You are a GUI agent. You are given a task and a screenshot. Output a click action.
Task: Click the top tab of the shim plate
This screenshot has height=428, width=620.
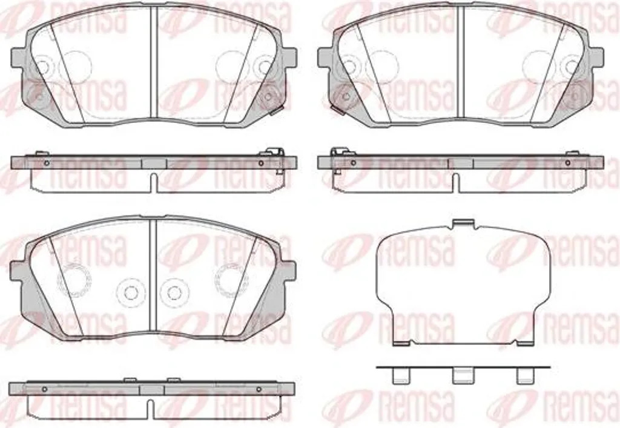point(463,223)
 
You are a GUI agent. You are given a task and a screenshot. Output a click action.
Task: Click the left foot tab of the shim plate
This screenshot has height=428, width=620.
point(401,343)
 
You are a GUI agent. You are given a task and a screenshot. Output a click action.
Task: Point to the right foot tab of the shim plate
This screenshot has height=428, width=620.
point(526,343)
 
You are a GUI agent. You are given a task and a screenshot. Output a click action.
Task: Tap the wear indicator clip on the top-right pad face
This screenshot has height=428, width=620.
point(338,110)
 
